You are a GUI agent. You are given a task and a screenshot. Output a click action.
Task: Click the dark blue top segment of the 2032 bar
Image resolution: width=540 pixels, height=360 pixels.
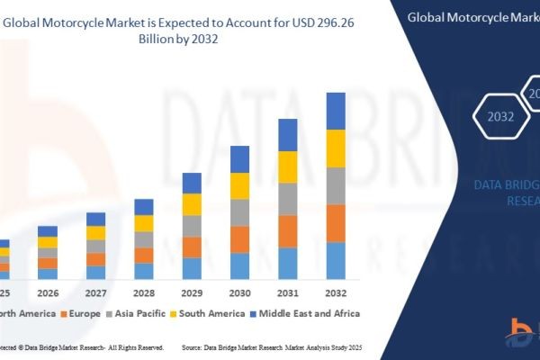click(x=336, y=111)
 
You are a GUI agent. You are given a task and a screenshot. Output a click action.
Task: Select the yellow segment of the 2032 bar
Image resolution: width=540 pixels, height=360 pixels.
click(x=336, y=148)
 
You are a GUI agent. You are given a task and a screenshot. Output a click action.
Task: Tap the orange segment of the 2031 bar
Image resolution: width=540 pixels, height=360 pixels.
click(x=287, y=231)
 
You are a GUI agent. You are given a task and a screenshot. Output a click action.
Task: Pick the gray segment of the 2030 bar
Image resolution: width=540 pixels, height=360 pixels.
click(x=239, y=212)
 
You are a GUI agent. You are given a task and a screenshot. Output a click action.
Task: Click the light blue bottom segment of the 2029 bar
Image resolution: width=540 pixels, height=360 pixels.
click(x=192, y=268)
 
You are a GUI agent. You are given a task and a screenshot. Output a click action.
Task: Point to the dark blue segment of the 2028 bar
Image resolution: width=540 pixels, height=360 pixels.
click(x=144, y=207)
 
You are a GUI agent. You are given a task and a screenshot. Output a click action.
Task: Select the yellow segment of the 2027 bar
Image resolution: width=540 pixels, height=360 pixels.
click(x=96, y=233)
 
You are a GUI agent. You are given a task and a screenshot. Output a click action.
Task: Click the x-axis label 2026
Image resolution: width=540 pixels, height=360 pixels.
click(x=48, y=292)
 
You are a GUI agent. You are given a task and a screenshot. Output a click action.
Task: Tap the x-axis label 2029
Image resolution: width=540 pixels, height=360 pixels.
click(x=192, y=292)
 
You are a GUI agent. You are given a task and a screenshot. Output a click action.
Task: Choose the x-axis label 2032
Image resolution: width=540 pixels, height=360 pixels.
click(x=336, y=292)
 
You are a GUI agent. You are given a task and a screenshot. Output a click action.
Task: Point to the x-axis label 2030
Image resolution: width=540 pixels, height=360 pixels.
click(x=239, y=292)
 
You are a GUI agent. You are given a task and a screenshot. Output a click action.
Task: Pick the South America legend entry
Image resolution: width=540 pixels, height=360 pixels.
click(x=211, y=313)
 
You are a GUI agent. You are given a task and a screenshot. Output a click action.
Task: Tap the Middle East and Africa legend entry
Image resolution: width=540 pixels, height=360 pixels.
click(x=310, y=313)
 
